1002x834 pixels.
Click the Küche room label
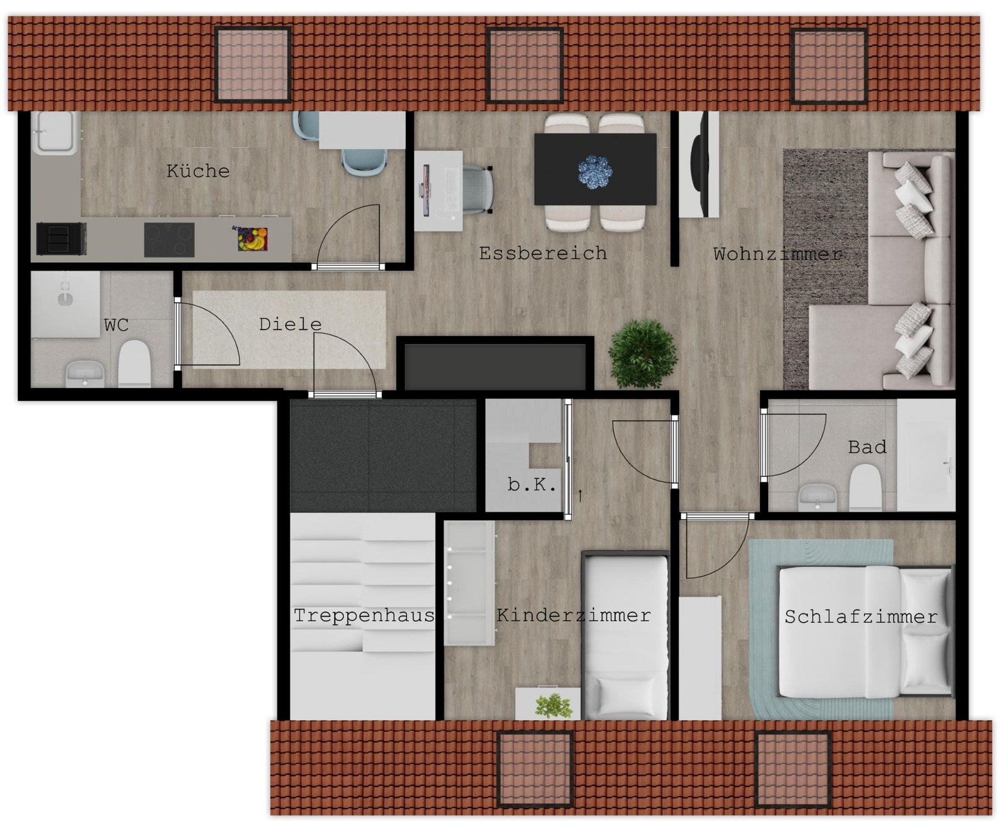(x=198, y=171)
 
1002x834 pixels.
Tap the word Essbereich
(x=543, y=253)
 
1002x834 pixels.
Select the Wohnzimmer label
(x=777, y=254)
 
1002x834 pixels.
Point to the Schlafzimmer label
(x=861, y=617)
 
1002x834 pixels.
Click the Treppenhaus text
(x=364, y=616)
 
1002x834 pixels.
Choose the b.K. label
(x=531, y=484)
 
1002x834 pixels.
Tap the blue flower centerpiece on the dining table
(x=595, y=171)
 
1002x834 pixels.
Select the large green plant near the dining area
(x=643, y=354)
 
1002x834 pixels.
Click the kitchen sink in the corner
(x=55, y=133)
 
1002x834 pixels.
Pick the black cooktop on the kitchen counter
(x=170, y=240)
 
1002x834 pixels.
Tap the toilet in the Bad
(x=865, y=488)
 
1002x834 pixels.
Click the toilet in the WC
(x=134, y=364)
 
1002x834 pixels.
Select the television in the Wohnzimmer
(x=699, y=163)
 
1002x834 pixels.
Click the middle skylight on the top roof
(x=525, y=65)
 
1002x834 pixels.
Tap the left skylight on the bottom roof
(x=535, y=769)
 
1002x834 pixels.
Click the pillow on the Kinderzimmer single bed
(x=626, y=696)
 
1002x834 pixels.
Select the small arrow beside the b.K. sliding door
(x=580, y=495)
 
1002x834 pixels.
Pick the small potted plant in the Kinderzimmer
(x=553, y=705)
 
